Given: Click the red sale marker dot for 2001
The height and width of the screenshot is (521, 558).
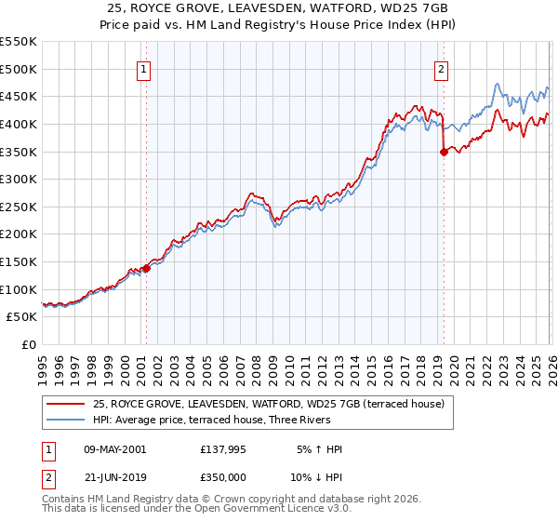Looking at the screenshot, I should click(x=146, y=269).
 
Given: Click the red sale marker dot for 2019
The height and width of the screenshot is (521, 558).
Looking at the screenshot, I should click(x=443, y=153).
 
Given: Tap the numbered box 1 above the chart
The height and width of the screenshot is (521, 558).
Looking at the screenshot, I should click(x=145, y=68).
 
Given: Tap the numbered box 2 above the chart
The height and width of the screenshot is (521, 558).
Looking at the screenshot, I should click(x=441, y=68).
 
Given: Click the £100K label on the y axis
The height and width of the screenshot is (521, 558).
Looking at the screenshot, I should click(x=19, y=289).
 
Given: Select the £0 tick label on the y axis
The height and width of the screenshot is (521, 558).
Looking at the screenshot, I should click(x=29, y=344).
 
